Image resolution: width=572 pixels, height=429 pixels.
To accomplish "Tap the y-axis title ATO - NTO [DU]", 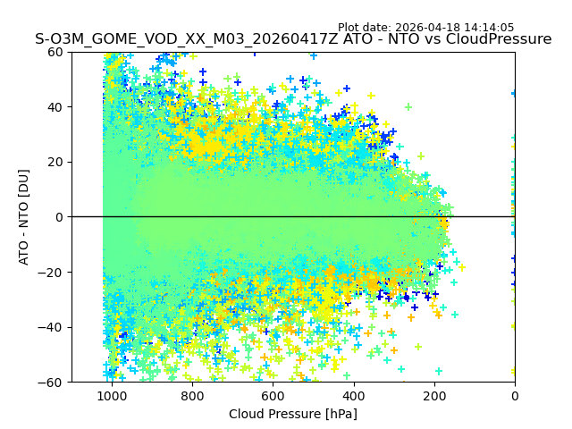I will pyautogui.click(x=25, y=217).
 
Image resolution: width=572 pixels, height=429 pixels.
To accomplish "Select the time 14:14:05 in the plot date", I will pyautogui.click(x=490, y=28).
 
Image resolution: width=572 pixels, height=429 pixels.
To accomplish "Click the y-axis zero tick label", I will pyautogui.click(x=60, y=217).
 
